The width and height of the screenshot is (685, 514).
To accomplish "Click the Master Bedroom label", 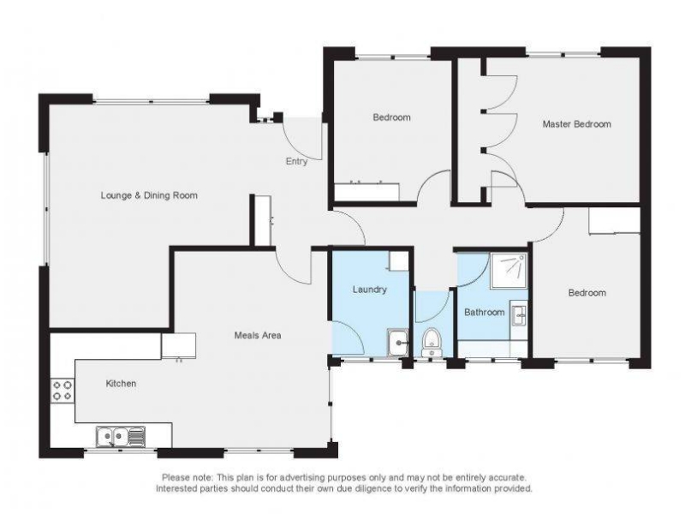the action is click(x=576, y=124).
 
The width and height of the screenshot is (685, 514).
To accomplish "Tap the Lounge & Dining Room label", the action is click(x=149, y=195).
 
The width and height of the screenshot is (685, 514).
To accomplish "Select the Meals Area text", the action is click(x=258, y=335).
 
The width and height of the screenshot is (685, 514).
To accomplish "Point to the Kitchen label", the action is click(x=121, y=383).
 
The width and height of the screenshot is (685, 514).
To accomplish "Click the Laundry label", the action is click(x=370, y=290).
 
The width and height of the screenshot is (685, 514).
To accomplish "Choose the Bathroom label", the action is click(x=484, y=312).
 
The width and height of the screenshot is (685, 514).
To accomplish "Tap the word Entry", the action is click(x=296, y=161).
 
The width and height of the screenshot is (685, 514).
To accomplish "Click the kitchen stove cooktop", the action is click(x=62, y=391).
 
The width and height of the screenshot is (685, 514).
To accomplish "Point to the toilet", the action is click(x=432, y=343).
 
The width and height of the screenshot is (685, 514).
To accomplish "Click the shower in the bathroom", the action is click(x=509, y=271).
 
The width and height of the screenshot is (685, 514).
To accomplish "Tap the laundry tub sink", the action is click(x=398, y=344).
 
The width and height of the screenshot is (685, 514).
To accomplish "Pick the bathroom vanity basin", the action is click(x=519, y=314).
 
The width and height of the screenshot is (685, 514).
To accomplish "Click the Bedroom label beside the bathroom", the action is click(x=587, y=293).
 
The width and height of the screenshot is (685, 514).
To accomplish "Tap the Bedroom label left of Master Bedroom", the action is click(x=391, y=117).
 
